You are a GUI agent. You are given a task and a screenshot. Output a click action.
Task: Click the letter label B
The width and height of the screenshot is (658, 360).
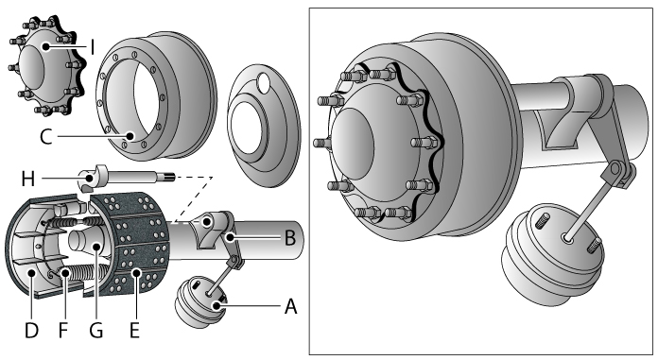[x=289, y=236]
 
